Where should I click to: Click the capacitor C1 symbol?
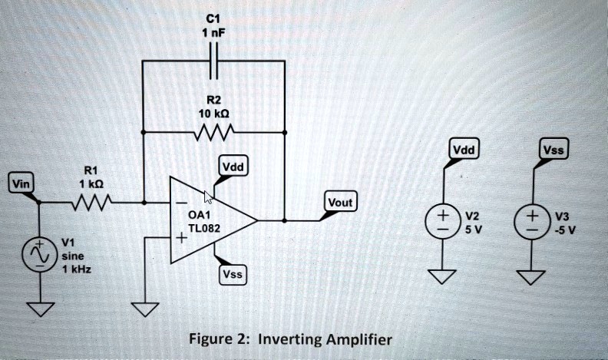click(x=214, y=61)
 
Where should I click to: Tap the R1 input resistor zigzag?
click(x=92, y=203)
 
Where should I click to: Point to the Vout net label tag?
click(x=339, y=203)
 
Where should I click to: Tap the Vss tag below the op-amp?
click(x=231, y=275)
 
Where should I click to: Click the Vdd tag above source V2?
click(x=463, y=150)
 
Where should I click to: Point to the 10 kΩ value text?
click(x=213, y=113)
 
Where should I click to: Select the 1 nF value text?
click(x=213, y=32)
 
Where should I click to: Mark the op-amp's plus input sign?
click(x=181, y=239)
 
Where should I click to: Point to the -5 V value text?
click(x=567, y=229)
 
